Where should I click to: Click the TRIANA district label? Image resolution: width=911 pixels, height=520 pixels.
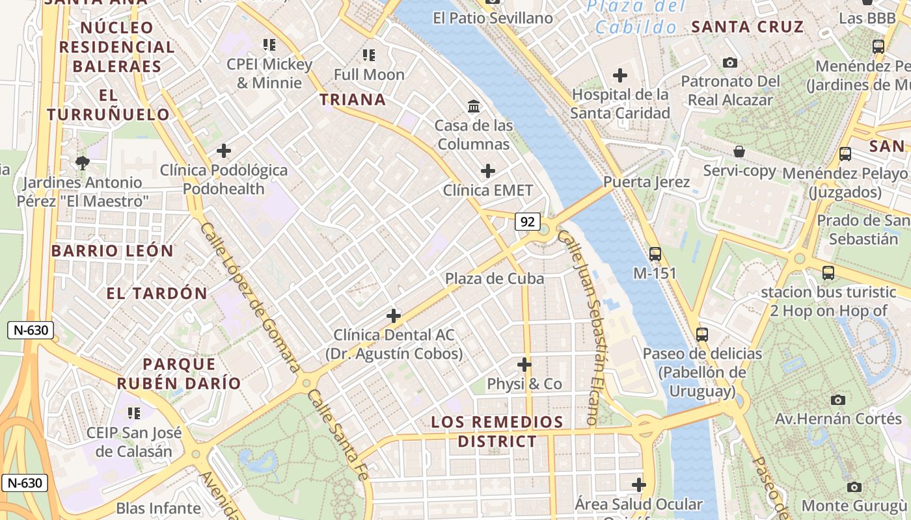tap(353, 99)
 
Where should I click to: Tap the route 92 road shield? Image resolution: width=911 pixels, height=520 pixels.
tap(528, 222)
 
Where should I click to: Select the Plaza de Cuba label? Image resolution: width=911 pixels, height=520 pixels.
tap(495, 278)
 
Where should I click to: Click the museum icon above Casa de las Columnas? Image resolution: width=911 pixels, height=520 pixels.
tap(474, 105)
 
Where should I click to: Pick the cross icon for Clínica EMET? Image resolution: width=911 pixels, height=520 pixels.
tap(487, 171)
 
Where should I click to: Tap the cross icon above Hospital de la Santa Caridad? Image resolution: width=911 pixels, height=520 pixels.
tap(619, 75)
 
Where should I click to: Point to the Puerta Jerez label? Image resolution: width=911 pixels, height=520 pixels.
tap(646, 181)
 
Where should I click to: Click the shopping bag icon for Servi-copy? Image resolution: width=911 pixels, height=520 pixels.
tap(739, 151)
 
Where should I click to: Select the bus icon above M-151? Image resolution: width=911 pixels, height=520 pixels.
tap(655, 253)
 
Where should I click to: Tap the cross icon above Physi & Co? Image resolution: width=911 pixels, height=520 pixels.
tap(524, 364)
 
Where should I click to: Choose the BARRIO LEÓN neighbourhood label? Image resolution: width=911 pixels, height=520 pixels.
tap(113, 251)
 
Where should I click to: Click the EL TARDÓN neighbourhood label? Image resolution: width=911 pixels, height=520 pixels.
tap(157, 293)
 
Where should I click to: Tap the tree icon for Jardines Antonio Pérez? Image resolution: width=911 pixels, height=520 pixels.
tap(82, 162)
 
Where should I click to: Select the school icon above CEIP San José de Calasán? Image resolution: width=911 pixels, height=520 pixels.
tap(134, 413)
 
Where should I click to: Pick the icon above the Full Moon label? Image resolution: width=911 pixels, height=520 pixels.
tap(369, 55)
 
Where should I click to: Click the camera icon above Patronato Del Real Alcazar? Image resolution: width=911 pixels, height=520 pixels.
tap(730, 62)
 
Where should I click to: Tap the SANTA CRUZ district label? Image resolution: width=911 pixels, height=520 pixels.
tap(748, 27)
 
